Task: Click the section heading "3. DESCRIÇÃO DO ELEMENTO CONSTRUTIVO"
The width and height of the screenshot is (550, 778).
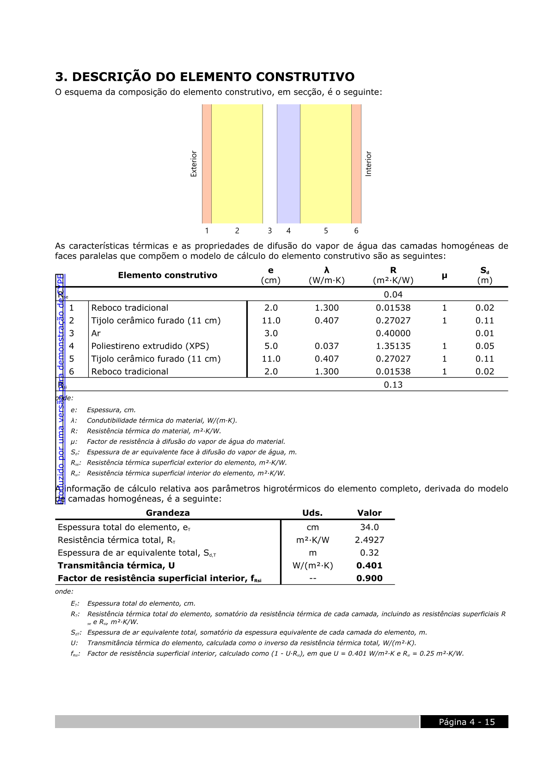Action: [x=205, y=77]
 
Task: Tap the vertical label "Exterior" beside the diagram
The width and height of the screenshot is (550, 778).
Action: [x=194, y=164]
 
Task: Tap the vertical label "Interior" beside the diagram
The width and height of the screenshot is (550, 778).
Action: [x=368, y=164]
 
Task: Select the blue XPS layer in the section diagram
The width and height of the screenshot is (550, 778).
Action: [x=288, y=164]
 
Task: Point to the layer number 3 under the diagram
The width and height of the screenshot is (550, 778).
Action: [x=270, y=231]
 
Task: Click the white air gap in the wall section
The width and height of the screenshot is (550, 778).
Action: [x=270, y=164]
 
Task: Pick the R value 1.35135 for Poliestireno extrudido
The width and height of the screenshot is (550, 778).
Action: [x=393, y=346]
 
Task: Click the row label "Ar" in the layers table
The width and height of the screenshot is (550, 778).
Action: [x=96, y=333]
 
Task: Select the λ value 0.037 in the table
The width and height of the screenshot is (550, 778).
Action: [x=326, y=346]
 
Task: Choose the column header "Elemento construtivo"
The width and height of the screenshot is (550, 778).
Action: [x=167, y=276]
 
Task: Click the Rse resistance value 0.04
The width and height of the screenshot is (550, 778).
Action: [x=393, y=295]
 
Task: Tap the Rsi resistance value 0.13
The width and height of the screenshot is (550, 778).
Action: [x=393, y=385]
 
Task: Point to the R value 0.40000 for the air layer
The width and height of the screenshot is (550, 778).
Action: [x=393, y=333]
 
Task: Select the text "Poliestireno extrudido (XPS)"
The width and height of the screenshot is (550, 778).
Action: [x=150, y=346]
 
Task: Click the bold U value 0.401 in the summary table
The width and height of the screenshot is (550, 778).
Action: [x=369, y=566]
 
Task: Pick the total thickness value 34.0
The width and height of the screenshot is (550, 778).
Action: [x=369, y=527]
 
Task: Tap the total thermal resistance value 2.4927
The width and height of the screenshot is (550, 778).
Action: [x=369, y=540]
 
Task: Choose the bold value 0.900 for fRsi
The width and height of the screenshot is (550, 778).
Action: [x=369, y=578]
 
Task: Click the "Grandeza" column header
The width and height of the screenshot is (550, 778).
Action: [x=168, y=513]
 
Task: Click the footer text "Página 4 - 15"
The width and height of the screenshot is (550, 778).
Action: [x=467, y=722]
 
